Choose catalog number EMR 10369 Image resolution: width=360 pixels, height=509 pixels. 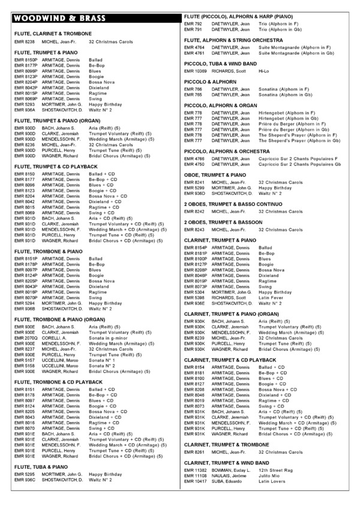(x=196, y=71)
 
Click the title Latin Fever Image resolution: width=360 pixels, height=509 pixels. (x=272, y=297)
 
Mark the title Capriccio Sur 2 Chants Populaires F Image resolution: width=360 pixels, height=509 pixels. (x=298, y=158)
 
